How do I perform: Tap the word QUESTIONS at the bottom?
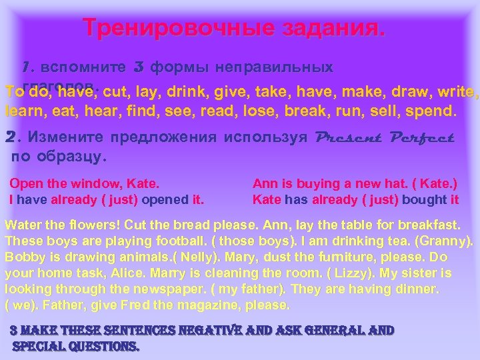click(101, 346)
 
